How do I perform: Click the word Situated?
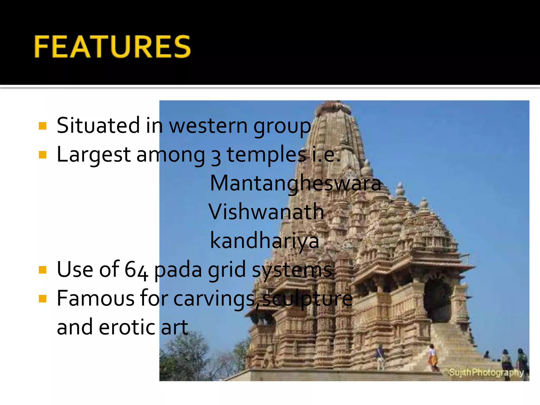click(98, 126)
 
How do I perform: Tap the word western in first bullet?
click(208, 126)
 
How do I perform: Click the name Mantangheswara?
click(295, 184)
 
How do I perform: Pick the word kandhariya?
click(264, 241)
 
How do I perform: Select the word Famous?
click(95, 298)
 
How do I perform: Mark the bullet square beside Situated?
click(42, 126)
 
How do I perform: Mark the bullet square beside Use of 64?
click(42, 270)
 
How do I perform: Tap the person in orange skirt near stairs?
click(432, 358)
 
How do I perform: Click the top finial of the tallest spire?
click(337, 105)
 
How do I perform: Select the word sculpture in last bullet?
click(307, 299)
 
